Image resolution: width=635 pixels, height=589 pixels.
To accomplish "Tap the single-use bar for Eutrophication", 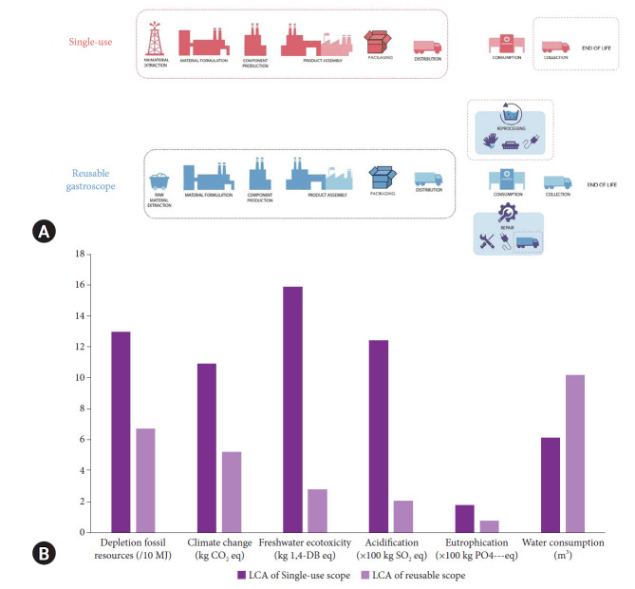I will point(464,518).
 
